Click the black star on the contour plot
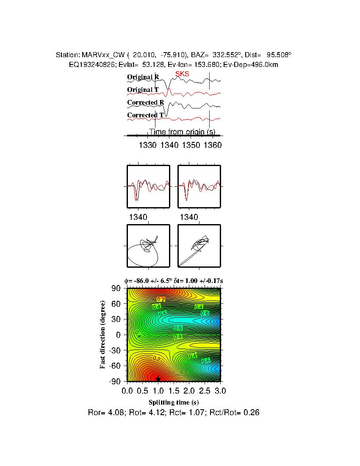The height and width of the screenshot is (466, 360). click(158, 379)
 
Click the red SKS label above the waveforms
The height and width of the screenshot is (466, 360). click(182, 74)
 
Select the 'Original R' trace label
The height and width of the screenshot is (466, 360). click(143, 77)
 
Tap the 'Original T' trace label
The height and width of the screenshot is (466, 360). click(143, 90)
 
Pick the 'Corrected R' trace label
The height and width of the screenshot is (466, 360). click(145, 103)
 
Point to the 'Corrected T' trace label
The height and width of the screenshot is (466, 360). click(145, 115)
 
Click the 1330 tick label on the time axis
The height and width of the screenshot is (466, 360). click(147, 145)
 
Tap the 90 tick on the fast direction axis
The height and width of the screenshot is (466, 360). click(116, 288)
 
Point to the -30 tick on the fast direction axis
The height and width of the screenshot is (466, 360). click(115, 350)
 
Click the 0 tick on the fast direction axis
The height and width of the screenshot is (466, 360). click(119, 335)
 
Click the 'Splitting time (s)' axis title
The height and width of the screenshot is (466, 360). click(174, 402)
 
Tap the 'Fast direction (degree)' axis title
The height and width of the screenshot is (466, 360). click(103, 335)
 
